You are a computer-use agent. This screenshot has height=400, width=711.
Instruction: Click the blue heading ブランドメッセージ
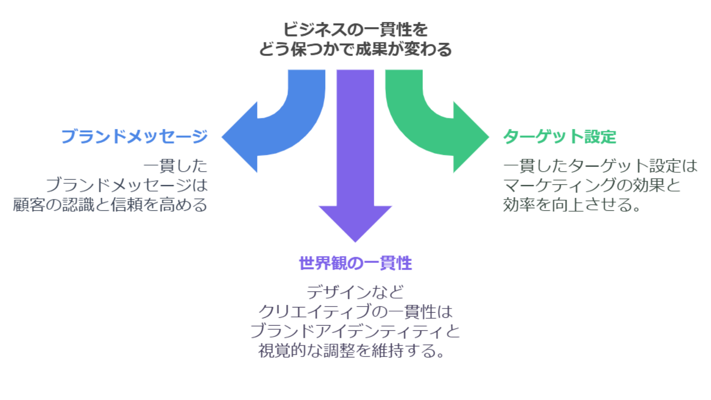coord(134,137)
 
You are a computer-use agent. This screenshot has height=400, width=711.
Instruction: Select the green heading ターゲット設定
coord(559,137)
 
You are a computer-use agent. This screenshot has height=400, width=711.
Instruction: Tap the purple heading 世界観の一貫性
coord(355,263)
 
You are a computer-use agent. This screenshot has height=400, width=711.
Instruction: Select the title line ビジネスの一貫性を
coord(355,30)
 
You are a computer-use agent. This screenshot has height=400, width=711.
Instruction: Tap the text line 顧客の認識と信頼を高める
coord(110,205)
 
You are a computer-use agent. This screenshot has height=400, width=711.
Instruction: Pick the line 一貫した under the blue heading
coord(175,166)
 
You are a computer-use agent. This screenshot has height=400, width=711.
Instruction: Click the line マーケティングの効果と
coord(592,185)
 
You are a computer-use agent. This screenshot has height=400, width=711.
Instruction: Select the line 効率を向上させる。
coord(572,205)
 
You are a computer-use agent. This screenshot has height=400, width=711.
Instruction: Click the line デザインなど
coord(355,292)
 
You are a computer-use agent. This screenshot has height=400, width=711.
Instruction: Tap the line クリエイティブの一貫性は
coord(355,312)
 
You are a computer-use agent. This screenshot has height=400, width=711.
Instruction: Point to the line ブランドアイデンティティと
coord(355,331)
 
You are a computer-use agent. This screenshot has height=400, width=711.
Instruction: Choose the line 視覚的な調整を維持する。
coord(351,351)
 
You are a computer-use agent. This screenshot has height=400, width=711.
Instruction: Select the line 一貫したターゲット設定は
coord(600,166)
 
